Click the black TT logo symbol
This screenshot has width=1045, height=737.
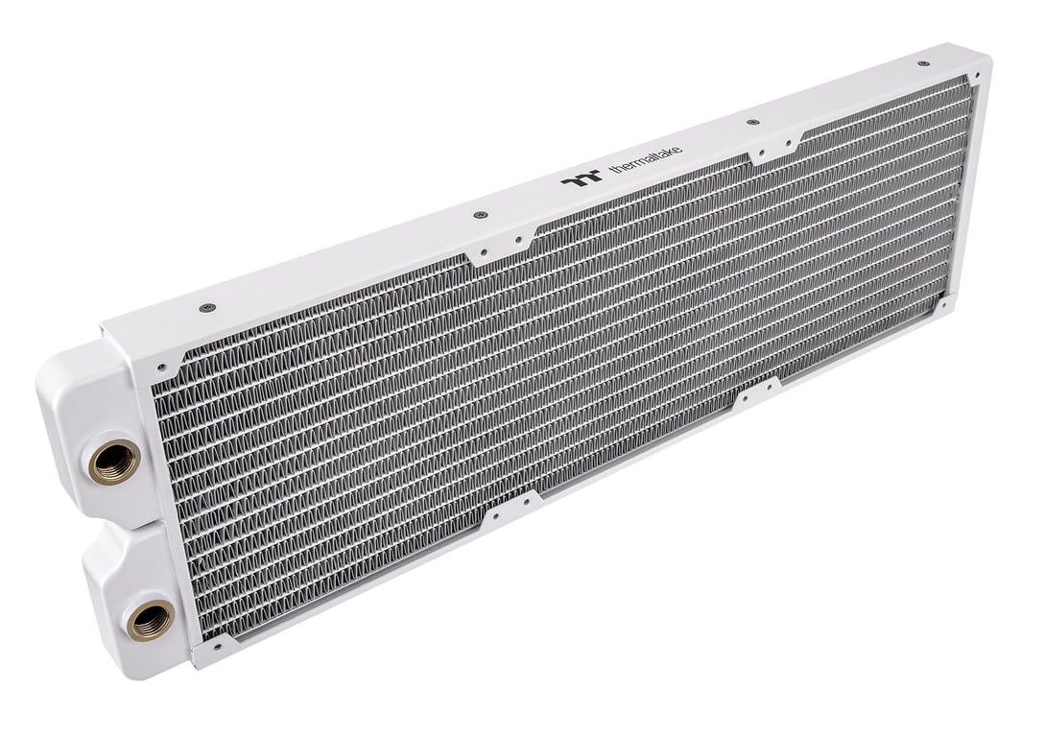coord(582,177)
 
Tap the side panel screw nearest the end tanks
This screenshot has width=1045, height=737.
coord(209,308)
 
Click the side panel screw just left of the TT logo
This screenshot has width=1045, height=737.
coord(478,216)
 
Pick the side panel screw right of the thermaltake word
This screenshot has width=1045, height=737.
coord(752,123)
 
